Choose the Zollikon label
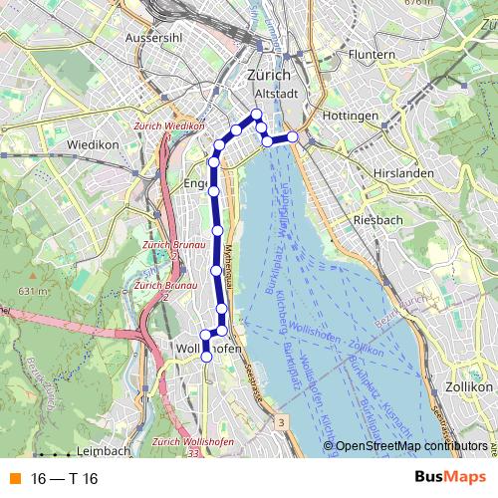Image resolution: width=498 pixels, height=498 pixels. coord(469,385)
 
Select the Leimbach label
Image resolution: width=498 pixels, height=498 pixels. coord(103,450)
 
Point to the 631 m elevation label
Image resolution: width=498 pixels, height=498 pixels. coord(32,291)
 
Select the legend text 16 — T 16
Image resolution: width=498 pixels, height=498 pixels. coord(65,478)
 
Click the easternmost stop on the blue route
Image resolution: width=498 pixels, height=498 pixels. coord(292,136)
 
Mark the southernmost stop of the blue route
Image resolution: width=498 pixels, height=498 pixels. coord(206,356)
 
